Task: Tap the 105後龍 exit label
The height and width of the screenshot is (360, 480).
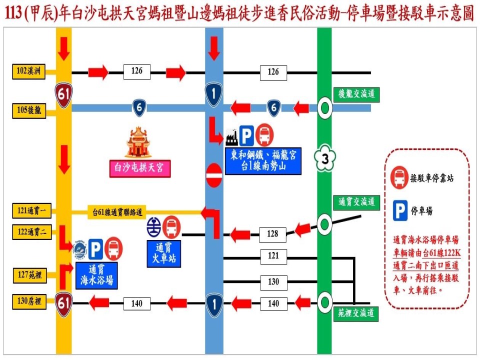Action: tap(28, 111)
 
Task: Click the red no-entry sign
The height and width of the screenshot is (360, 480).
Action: tap(213, 175)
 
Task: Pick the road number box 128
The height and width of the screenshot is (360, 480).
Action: tap(272, 234)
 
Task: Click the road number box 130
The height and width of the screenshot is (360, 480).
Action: tap(273, 282)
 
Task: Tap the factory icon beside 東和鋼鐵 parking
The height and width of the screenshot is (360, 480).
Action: tap(231, 135)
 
